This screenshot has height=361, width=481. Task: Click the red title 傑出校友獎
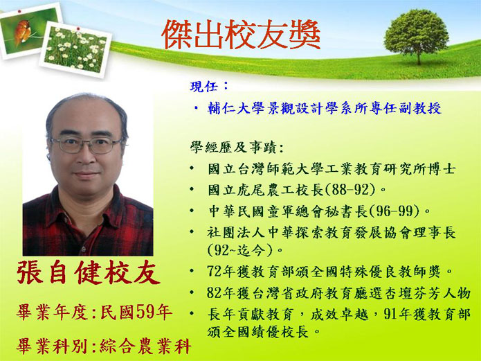(x=241, y=34)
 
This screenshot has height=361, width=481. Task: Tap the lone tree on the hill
(x=416, y=36)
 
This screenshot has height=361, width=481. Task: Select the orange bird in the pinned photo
(x=22, y=32)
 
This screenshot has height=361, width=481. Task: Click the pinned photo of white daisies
(x=75, y=49)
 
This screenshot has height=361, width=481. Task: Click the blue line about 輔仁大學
(x=325, y=108)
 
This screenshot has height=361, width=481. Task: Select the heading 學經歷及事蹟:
(x=237, y=147)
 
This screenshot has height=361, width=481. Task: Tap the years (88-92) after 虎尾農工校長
(x=350, y=190)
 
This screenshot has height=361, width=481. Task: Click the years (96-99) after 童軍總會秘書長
(x=394, y=211)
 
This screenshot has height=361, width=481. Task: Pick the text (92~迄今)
(x=240, y=250)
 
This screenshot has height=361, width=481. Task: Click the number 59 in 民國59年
(x=143, y=312)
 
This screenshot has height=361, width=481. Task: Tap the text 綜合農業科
(x=145, y=346)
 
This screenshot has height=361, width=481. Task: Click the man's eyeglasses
(x=87, y=145)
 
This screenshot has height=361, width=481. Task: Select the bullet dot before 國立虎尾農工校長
(x=192, y=189)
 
